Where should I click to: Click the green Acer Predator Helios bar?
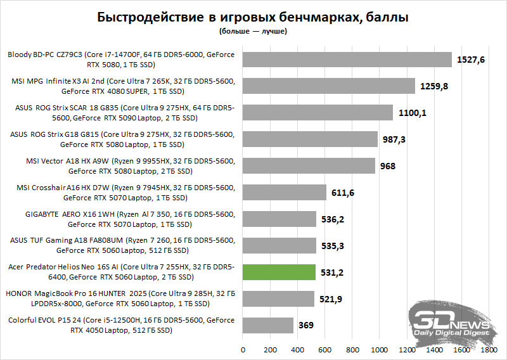pos(279,272)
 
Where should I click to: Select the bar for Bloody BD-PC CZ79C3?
pos(347,60)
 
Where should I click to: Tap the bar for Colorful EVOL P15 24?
pos(267,325)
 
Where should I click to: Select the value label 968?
pos(388,166)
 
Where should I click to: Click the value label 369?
pos(306,326)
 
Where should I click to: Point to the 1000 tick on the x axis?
pos(380,349)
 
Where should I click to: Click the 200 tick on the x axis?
pos(270,349)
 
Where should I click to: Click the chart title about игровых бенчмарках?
pos(253,17)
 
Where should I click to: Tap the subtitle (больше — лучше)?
pos(253,30)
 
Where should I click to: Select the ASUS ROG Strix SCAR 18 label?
pos(125,113)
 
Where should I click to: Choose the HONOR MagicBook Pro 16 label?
pos(120,299)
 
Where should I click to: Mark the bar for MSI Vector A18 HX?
pos(309,166)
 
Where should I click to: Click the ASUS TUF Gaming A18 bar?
pos(279,246)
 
